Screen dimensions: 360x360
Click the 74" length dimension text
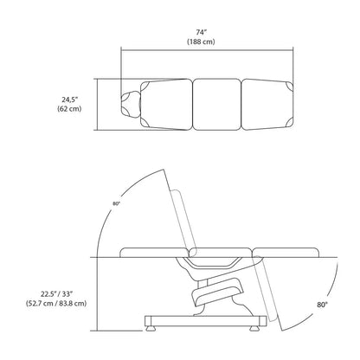(x=201, y=32)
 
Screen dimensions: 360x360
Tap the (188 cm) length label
(x=201, y=42)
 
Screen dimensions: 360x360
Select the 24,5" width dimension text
(x=70, y=100)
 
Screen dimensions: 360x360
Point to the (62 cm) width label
(x=69, y=109)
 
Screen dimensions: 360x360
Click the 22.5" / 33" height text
(x=56, y=294)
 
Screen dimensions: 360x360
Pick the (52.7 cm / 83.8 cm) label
(x=56, y=304)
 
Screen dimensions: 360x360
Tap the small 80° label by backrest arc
(x=116, y=203)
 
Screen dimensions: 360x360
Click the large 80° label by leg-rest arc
(x=323, y=305)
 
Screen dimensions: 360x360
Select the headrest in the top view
(x=131, y=104)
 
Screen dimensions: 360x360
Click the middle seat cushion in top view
(x=216, y=105)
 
